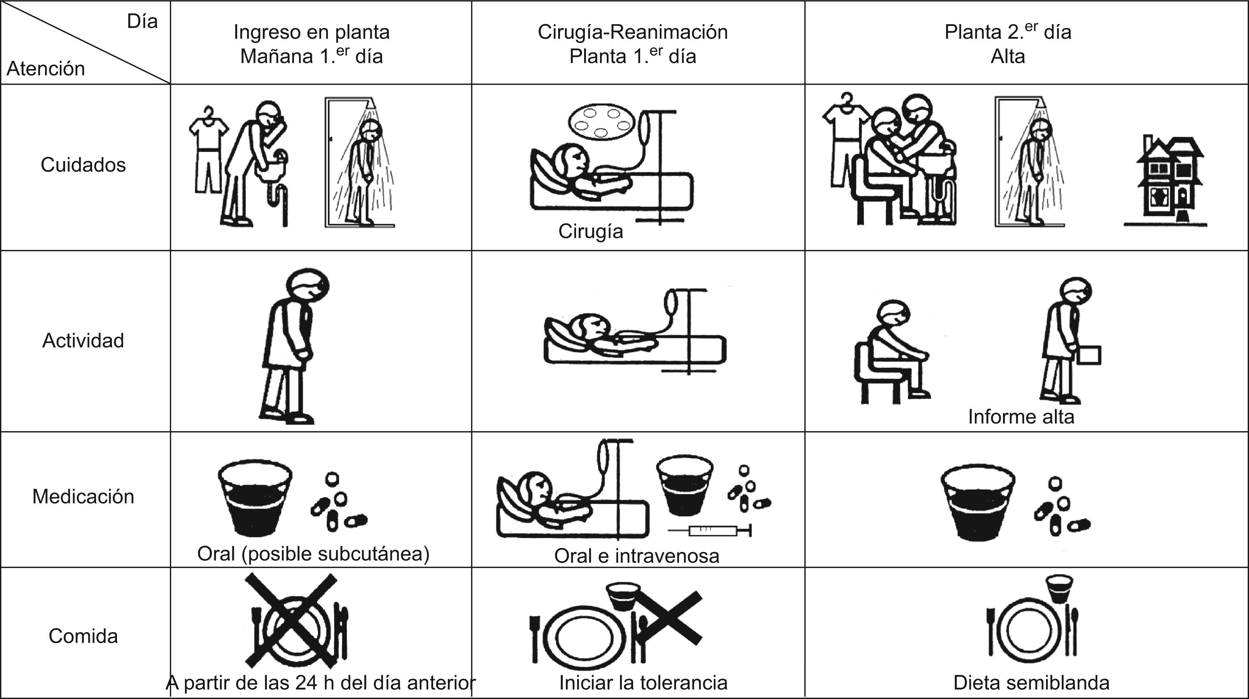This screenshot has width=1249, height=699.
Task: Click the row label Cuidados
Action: (x=83, y=165)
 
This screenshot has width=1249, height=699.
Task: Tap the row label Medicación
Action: (x=83, y=496)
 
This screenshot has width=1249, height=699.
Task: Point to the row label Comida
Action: (x=83, y=636)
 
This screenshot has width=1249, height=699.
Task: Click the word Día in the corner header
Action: (x=142, y=21)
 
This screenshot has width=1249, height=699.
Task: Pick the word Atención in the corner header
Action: (x=46, y=68)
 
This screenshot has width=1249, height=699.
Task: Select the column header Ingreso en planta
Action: (x=311, y=32)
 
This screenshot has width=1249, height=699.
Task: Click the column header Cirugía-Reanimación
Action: (x=633, y=32)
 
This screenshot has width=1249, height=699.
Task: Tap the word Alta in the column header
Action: (x=1007, y=56)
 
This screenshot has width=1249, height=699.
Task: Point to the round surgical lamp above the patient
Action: (x=601, y=121)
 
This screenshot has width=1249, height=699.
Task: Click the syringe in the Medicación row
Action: (x=710, y=531)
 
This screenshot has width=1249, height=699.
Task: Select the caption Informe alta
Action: (x=1021, y=417)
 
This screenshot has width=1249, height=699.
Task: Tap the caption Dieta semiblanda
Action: (x=1031, y=683)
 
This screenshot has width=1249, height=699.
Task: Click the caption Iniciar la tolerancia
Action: (x=643, y=683)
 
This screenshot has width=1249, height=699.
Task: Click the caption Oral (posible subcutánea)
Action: (x=313, y=554)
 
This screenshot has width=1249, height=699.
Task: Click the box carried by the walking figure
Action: (x=1089, y=355)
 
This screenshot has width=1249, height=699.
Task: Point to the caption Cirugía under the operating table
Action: (x=590, y=231)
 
